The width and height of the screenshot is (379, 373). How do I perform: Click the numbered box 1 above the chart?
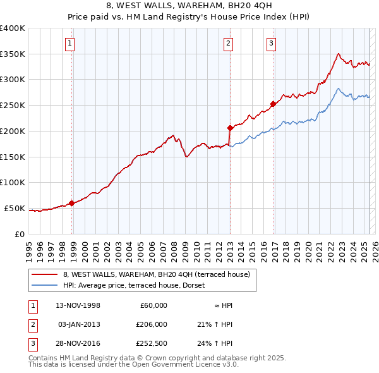click(69, 44)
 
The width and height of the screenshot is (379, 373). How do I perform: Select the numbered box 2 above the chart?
click(227, 44)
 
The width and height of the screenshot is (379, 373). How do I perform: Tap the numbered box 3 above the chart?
click(271, 44)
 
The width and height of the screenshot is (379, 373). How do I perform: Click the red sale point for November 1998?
click(72, 203)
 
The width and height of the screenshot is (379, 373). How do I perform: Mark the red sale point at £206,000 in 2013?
click(230, 128)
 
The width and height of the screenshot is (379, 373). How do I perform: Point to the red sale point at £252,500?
click(274, 104)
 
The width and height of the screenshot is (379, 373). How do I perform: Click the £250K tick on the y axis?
click(13, 106)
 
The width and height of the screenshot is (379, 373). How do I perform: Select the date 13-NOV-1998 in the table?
click(78, 305)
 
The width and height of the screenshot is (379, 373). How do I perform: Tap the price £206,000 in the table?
click(152, 324)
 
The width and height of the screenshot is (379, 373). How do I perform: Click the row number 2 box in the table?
click(32, 324)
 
